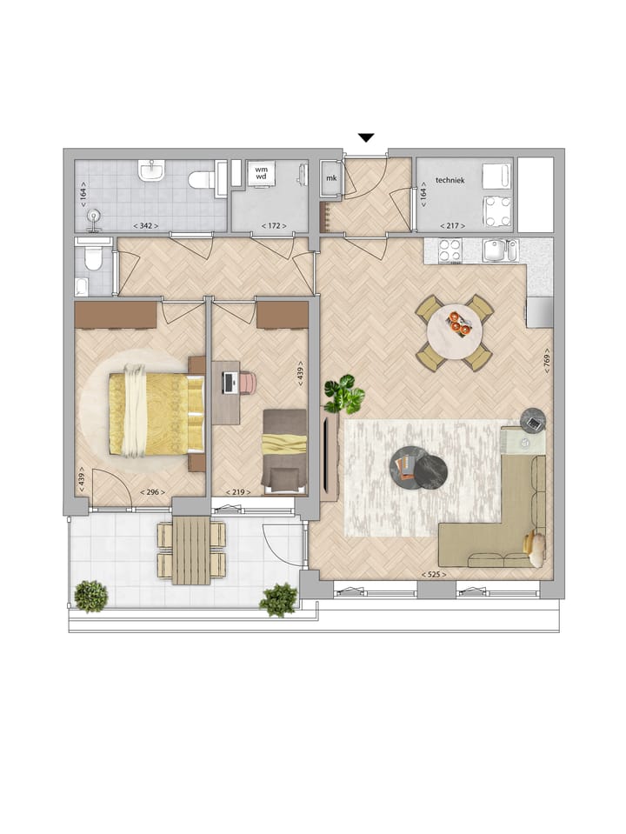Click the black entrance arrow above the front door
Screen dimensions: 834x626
(366, 137)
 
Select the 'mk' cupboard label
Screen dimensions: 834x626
(330, 179)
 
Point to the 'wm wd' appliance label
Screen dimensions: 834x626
(261, 171)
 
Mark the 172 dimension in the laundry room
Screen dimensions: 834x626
(274, 226)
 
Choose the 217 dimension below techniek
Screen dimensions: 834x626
(453, 226)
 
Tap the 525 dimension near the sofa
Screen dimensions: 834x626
(432, 575)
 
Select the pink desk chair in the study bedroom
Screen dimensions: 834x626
(249, 382)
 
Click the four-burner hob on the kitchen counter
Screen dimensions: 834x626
(450, 250)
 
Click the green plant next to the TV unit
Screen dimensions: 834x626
(344, 395)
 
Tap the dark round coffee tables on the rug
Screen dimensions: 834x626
(418, 467)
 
